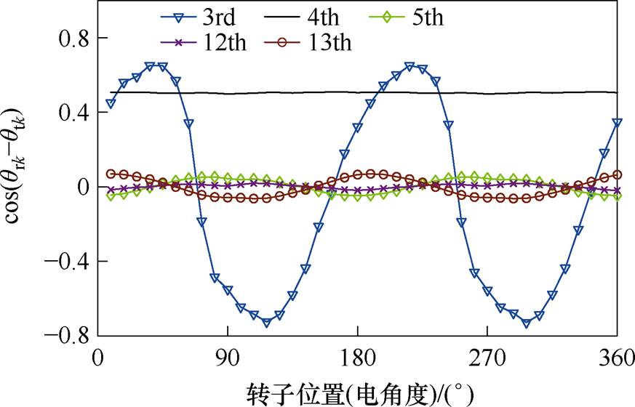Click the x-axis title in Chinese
pos(357,393)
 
